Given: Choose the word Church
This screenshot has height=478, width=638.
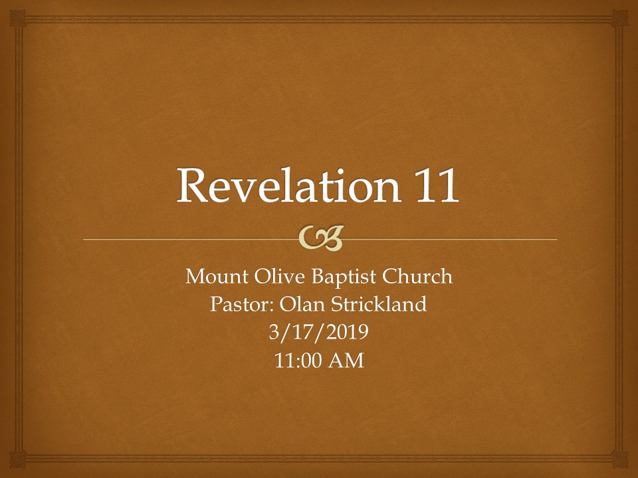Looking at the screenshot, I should [x=419, y=277].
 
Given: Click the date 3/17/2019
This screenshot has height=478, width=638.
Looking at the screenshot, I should [x=319, y=333].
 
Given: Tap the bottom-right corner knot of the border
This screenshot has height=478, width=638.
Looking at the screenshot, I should [x=621, y=461].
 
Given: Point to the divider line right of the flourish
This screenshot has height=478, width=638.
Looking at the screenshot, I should [x=452, y=239].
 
